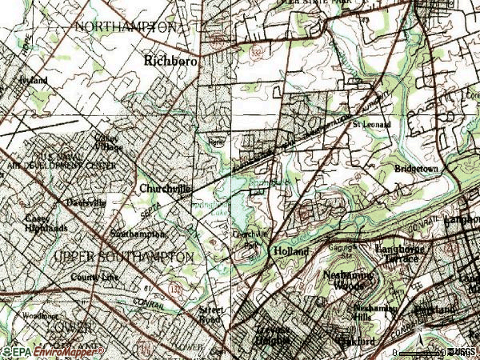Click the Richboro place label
170,59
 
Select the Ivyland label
34,81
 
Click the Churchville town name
166,189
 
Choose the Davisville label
86,203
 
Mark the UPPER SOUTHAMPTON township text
124,257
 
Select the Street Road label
210,313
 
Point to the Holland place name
291,250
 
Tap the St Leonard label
369,125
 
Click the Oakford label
362,342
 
